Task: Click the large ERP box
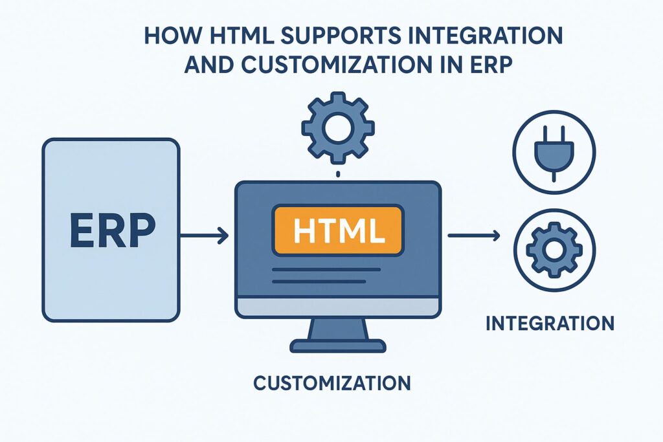click(110, 230)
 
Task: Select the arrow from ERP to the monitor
click(204, 236)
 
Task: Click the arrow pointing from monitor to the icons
click(473, 236)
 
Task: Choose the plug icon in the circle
click(554, 151)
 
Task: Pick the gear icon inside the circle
click(554, 249)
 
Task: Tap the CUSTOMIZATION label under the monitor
click(331, 383)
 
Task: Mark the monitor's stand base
click(338, 347)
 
